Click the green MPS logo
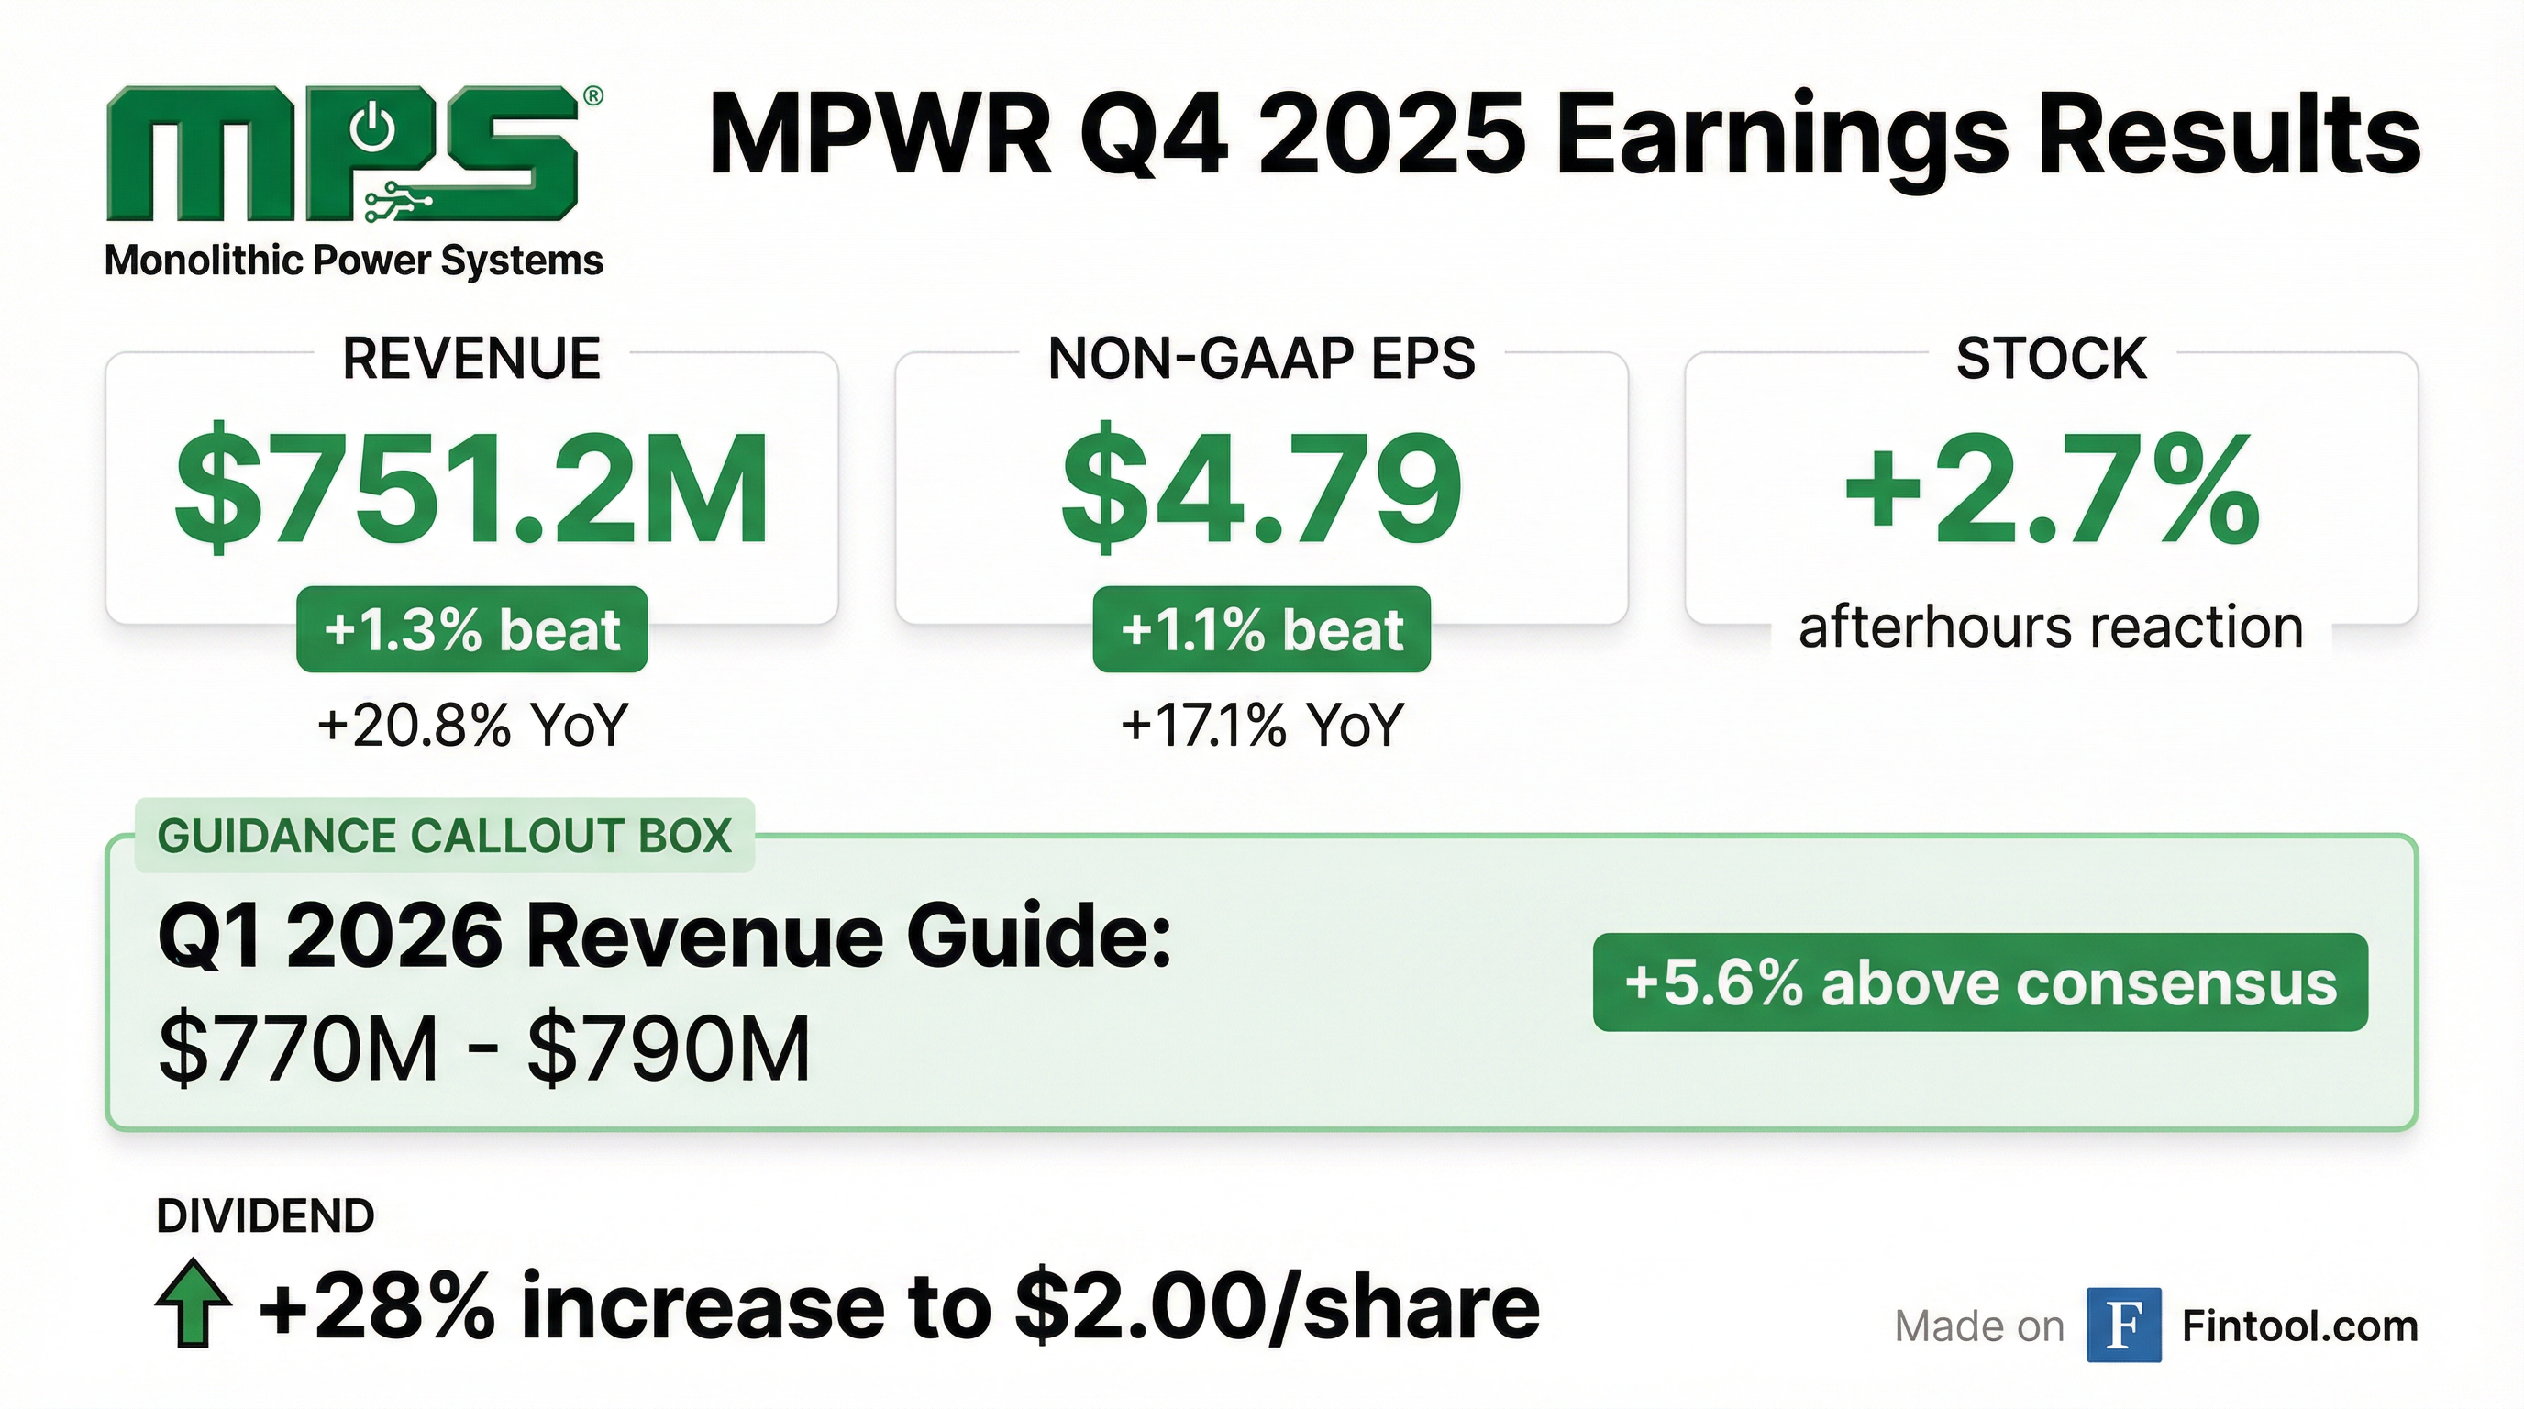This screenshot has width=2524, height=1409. (x=343, y=154)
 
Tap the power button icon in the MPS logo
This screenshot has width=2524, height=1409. (x=373, y=130)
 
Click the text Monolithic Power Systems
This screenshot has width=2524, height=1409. (x=354, y=261)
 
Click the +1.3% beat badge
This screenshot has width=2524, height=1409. (x=471, y=629)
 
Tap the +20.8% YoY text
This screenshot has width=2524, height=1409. (x=471, y=726)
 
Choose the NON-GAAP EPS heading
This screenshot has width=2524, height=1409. (x=1261, y=358)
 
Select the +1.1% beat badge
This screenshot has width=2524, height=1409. (x=1261, y=629)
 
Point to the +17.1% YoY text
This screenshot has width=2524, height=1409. (x=1261, y=726)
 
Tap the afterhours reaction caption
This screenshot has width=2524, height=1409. (x=2051, y=627)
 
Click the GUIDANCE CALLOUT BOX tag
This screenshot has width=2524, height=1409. (x=445, y=836)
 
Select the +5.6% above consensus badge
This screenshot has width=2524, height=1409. (x=1980, y=982)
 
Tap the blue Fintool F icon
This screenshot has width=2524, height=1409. (x=2123, y=1326)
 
